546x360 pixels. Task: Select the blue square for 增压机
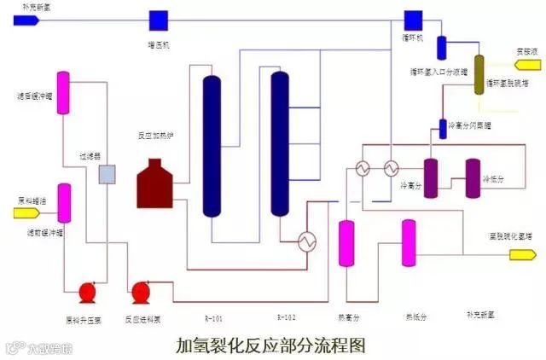click(158, 19)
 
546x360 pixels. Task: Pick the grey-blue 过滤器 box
click(107, 175)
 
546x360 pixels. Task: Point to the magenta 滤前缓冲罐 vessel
click(63, 204)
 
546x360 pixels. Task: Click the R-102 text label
click(286, 318)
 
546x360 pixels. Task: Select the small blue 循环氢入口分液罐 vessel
click(442, 48)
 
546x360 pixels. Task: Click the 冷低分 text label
click(496, 180)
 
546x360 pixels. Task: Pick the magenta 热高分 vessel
click(346, 243)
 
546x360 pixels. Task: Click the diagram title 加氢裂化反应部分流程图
click(270, 345)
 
